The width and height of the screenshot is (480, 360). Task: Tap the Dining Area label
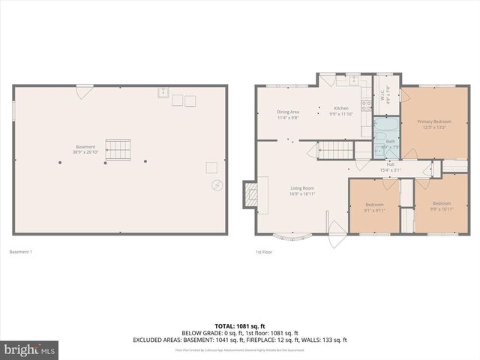(x=288, y=114)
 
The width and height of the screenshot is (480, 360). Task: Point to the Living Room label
(x=302, y=190)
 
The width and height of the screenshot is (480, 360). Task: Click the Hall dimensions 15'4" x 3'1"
(x=391, y=171)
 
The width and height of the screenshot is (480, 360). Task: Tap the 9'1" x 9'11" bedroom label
(x=374, y=208)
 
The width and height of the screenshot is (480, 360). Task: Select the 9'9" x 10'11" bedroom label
(x=442, y=206)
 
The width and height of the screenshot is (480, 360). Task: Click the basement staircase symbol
(x=118, y=150)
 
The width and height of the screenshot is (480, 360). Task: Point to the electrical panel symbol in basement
(x=217, y=184)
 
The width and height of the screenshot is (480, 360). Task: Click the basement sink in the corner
(x=163, y=93)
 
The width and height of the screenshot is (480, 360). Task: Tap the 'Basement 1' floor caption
(x=20, y=251)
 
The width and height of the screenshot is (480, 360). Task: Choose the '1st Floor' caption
(x=263, y=251)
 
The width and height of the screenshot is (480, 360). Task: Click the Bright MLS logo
(x=30, y=350)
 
